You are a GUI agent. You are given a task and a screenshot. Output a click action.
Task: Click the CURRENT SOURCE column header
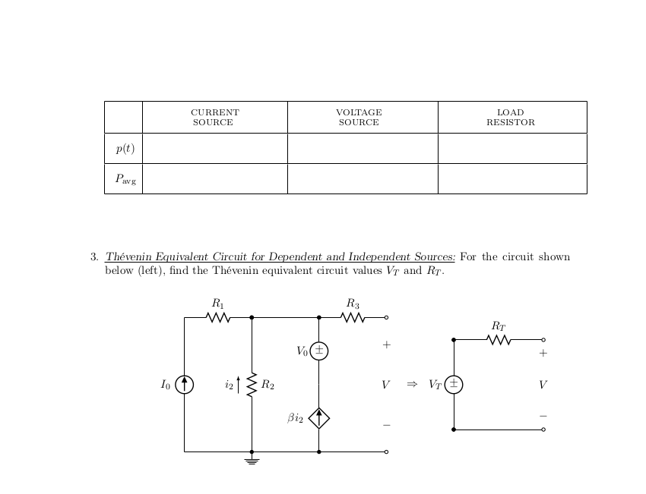point(214,117)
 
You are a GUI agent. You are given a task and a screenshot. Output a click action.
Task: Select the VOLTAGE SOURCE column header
point(359,117)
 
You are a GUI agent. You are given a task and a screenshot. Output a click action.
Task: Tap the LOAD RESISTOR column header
point(511,117)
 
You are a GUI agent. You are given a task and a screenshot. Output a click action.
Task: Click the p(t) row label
point(125,149)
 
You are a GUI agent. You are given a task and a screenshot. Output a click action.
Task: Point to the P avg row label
point(125,179)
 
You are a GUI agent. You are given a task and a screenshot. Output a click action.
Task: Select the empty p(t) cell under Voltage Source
point(363,149)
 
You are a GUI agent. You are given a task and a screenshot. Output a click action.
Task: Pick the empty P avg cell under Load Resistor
point(511,179)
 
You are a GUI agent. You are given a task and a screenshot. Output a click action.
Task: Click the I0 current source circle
point(184,385)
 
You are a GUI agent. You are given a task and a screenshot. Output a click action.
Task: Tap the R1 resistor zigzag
point(218,317)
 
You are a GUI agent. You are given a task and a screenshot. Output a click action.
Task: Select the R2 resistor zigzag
point(252,385)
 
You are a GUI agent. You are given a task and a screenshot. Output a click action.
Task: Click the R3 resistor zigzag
point(353,317)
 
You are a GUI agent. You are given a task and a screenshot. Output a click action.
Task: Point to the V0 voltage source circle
point(319,351)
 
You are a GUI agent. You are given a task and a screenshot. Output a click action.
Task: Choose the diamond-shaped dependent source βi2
point(319,417)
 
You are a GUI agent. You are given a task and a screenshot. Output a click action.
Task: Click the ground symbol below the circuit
point(252,460)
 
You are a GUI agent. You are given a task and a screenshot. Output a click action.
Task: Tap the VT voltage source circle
point(454,385)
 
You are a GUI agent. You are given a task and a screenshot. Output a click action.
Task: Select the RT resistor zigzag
point(499,339)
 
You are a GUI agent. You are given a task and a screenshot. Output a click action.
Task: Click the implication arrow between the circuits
point(412,384)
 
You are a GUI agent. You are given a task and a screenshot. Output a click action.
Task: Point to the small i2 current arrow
point(239,385)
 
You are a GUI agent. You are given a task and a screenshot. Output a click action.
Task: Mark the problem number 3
point(93,257)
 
